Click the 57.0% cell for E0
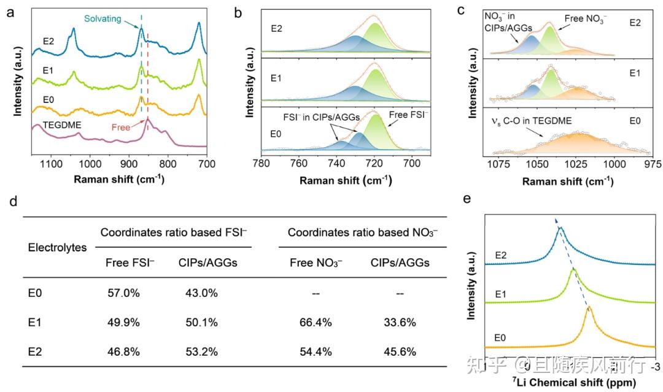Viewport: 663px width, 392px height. click(x=123, y=293)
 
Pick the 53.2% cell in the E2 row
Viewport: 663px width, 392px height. click(x=202, y=352)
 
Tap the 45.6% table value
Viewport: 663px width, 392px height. click(x=400, y=352)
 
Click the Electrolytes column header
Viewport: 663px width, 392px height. click(x=57, y=248)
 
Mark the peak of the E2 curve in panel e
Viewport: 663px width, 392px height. click(x=560, y=229)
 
